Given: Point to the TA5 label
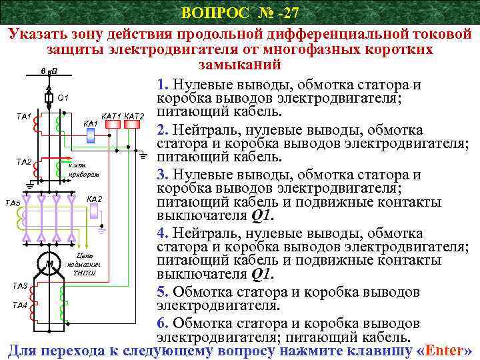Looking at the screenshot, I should [13, 202].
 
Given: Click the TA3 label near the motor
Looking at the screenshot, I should [21, 286].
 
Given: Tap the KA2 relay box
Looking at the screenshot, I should [95, 211].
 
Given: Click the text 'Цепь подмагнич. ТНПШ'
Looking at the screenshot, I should [85, 264].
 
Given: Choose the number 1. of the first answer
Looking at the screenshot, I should [162, 85].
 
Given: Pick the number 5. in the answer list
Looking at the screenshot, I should [162, 292].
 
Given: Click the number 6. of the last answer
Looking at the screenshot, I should [162, 323].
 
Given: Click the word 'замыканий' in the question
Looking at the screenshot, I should [240, 65].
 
